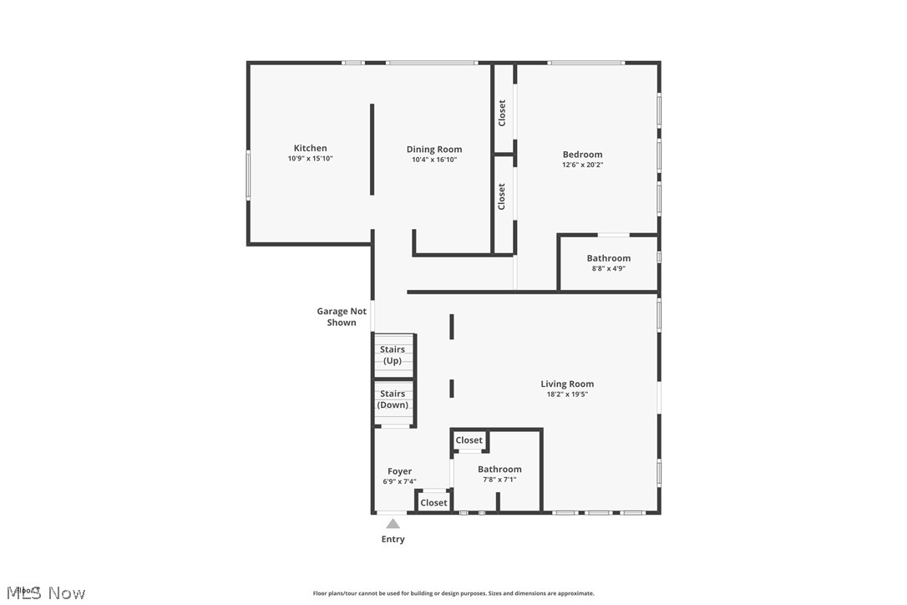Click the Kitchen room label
pos(310,149)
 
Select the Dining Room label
pos(434,150)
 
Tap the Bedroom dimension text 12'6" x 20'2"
pos(582,165)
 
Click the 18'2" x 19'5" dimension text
pos(567,394)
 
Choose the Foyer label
pos(399,471)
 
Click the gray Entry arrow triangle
pos(393,524)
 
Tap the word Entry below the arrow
pos(393,540)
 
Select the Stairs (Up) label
pos(393,355)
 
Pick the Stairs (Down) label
pos(393,399)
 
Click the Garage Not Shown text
pos(342,317)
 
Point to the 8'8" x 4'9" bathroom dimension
pos(608,269)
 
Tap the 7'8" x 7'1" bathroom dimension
pos(499,480)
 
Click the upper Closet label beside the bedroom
pos(502,113)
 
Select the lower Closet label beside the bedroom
pos(502,196)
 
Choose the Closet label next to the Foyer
pos(433,503)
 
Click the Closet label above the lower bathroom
pos(469,440)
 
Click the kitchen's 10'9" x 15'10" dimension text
pos(310,159)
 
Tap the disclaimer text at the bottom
pos(453,593)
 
